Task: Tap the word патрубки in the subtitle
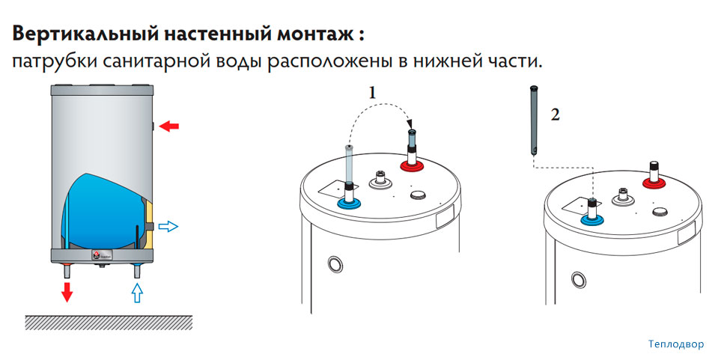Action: point(51,61)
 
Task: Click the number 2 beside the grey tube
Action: point(555,115)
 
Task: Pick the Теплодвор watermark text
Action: point(676,345)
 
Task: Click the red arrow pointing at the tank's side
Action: point(170,126)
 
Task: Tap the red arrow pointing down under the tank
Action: point(67,291)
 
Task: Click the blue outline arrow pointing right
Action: point(169,225)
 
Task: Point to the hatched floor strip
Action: point(109,322)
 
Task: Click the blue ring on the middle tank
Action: point(348,204)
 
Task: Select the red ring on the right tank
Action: point(654,180)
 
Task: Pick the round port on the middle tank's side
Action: point(334,265)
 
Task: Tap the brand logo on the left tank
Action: point(98,255)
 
